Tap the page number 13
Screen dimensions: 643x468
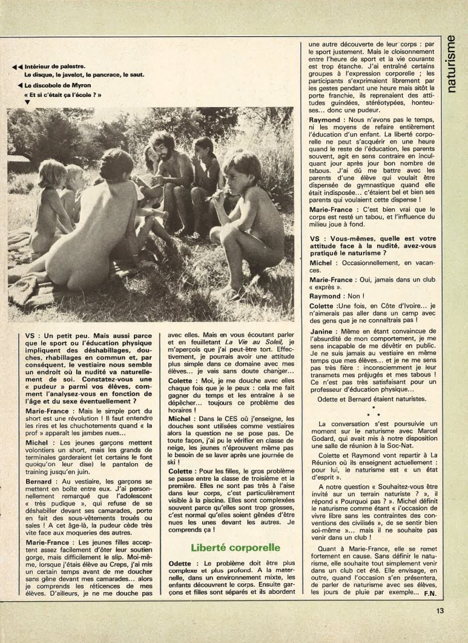tap(440, 610)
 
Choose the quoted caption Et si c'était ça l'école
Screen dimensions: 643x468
tap(63, 94)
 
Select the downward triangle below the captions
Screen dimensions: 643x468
tap(27, 102)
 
